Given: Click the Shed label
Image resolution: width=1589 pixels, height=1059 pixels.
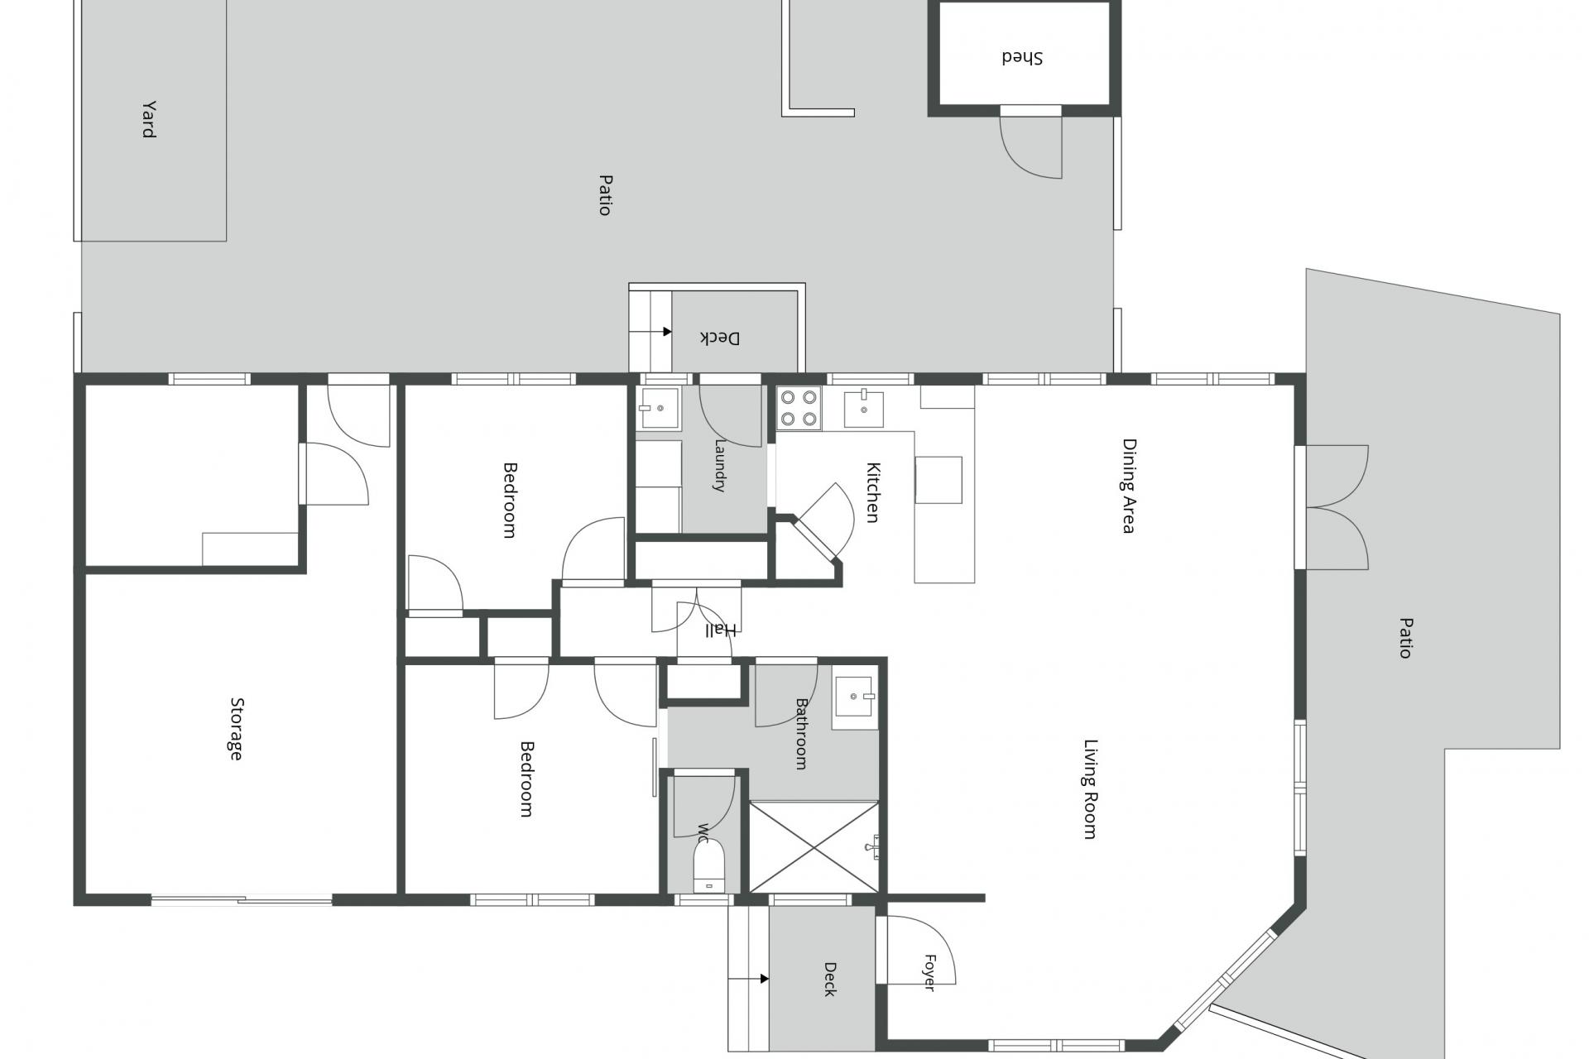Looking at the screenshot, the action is pos(1022,57).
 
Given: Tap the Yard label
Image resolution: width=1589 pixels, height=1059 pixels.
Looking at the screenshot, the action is pos(149,119).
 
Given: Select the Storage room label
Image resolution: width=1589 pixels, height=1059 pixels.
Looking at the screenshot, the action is pos(237,729).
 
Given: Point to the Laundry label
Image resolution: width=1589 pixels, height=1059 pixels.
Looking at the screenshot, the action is pos(719,466).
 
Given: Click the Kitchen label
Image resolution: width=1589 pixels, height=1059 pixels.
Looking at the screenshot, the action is pos(872,492).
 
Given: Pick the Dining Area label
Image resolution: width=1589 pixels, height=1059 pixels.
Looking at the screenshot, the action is pos(1129,486).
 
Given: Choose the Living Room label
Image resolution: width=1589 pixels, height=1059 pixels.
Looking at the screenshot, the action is pos(1091,789).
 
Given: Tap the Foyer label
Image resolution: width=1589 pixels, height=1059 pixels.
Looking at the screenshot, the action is pos(929,973).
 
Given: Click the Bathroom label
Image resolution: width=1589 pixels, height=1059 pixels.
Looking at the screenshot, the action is pos(801,734).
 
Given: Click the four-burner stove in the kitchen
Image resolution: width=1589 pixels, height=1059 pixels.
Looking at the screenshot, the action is pos(799,409).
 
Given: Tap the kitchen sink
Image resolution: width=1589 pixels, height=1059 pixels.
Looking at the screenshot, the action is pos(864,409).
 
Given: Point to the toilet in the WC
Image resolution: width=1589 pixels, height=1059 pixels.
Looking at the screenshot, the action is pos(708,865).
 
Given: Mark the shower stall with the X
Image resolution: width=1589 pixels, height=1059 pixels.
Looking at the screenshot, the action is pos(814,846).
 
